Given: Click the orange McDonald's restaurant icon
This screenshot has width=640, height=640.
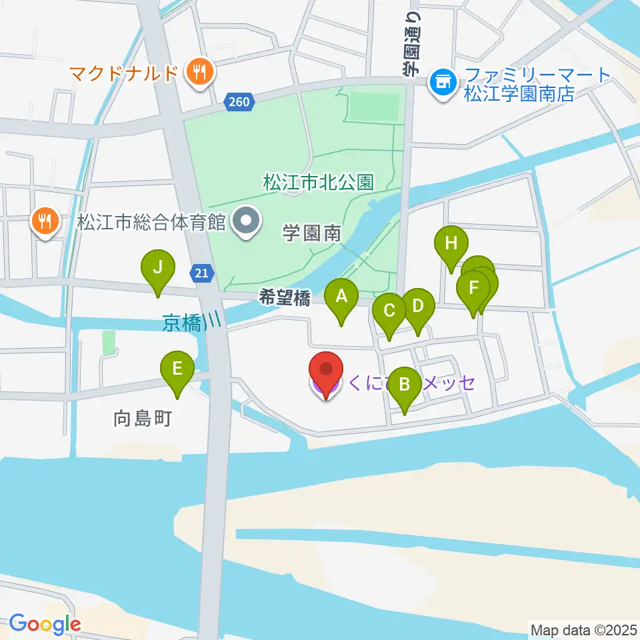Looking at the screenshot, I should click(x=198, y=71).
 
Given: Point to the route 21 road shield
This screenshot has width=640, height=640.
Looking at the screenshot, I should click(x=202, y=272).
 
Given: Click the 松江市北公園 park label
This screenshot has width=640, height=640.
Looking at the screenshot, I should click(x=319, y=182).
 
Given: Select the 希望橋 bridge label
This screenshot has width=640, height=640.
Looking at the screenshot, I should click(x=285, y=299).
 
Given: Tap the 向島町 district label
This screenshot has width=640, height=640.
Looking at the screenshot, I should click(x=143, y=419).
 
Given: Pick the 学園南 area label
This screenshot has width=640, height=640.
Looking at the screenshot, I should click(x=311, y=233).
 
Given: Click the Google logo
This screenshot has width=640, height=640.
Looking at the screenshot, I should click(x=45, y=624).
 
